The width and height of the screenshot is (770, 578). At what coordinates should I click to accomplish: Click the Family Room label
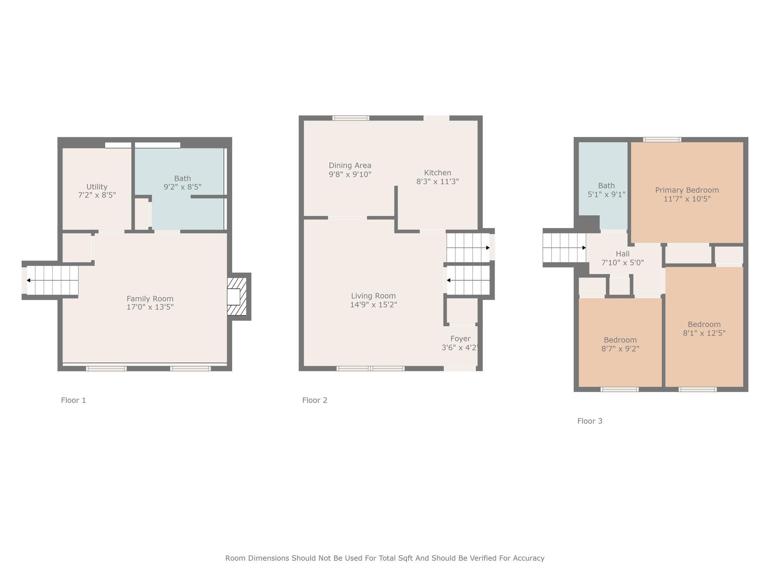coord(150,299)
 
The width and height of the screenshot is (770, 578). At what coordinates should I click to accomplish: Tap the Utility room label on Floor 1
coord(97,187)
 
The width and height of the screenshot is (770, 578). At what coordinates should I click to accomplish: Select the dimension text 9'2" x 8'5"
coord(183,187)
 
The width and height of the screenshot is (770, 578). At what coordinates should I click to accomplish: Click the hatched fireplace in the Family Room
coord(237,297)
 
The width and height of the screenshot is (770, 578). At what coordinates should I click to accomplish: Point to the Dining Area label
coord(350,166)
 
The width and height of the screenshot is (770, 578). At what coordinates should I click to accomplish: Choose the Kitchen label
coord(438,173)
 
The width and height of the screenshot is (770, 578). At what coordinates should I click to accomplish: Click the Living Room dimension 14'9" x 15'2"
coord(373,304)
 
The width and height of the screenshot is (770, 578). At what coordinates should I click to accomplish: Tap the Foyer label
coord(461,339)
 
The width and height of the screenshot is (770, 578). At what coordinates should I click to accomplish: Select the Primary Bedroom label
coord(687,190)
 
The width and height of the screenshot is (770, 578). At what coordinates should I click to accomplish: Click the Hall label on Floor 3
coord(623,254)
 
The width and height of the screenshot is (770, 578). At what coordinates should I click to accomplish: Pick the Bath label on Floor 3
coord(606,186)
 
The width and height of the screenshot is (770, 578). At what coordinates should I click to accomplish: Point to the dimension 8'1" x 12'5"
coord(704,333)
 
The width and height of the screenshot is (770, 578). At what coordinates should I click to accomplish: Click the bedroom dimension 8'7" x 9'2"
coord(620,348)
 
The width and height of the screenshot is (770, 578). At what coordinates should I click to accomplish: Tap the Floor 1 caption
coord(74,400)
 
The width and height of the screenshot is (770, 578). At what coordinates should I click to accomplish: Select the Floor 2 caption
coord(315,400)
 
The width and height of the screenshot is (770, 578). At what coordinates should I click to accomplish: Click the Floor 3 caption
coord(590,421)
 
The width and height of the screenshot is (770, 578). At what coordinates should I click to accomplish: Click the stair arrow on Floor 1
coord(52,280)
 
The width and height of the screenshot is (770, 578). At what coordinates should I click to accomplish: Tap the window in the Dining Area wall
coord(350,118)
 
